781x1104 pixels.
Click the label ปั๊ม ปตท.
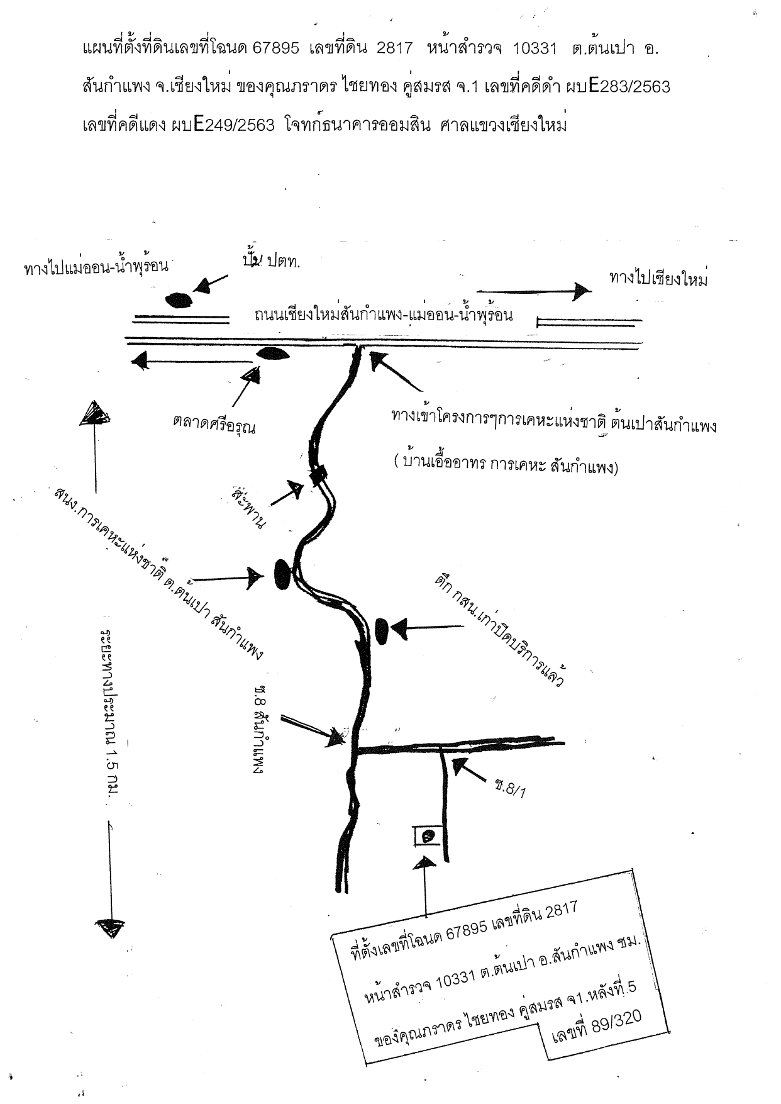click(x=271, y=260)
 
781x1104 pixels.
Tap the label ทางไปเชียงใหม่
click(x=658, y=279)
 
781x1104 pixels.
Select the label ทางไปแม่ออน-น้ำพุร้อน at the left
click(x=97, y=267)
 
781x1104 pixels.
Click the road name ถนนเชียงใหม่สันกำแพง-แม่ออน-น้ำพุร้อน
click(x=384, y=314)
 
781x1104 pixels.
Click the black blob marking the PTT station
click(x=179, y=300)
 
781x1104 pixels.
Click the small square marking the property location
click(x=428, y=836)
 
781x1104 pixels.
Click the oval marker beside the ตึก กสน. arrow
click(x=381, y=630)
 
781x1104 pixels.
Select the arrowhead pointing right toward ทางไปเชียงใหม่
click(x=582, y=290)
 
